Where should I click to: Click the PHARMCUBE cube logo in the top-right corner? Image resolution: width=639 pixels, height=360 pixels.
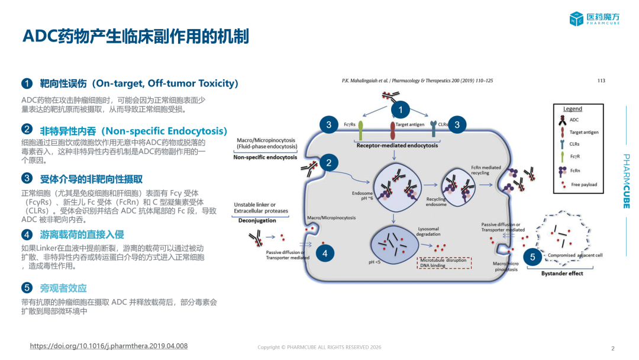pyautogui.click(x=576, y=19)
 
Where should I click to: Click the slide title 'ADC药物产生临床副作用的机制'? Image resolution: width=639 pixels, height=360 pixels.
pyautogui.click(x=135, y=37)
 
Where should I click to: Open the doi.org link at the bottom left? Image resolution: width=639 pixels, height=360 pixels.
pyautogui.click(x=108, y=346)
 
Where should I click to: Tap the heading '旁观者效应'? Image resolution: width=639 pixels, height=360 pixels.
pyautogui.click(x=63, y=288)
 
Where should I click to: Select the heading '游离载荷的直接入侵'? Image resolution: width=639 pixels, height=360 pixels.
pyautogui.click(x=82, y=234)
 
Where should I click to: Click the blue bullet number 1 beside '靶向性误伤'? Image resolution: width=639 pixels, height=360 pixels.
pyautogui.click(x=27, y=83)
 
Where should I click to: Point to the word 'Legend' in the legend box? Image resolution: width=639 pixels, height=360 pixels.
pyautogui.click(x=572, y=109)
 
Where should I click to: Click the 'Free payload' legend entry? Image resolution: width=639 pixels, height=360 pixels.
pyautogui.click(x=584, y=185)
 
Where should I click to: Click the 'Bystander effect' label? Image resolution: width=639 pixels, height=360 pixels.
pyautogui.click(x=562, y=274)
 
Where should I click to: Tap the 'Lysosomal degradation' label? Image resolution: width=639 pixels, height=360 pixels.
pyautogui.click(x=429, y=231)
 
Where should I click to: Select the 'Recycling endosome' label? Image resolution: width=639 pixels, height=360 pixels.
pyautogui.click(x=436, y=202)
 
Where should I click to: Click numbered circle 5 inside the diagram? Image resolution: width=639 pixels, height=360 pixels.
pyautogui.click(x=532, y=257)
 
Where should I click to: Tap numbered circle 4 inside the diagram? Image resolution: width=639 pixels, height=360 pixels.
pyautogui.click(x=325, y=253)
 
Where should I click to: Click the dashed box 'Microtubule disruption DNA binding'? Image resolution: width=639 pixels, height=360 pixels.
pyautogui.click(x=444, y=262)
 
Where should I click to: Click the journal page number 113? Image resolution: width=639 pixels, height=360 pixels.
pyautogui.click(x=601, y=81)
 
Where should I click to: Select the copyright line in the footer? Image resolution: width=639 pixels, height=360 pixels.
pyautogui.click(x=319, y=347)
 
